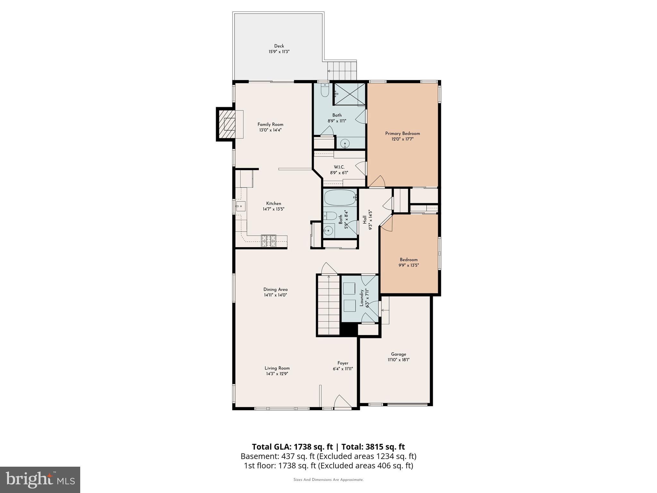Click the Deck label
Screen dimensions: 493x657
(279, 46)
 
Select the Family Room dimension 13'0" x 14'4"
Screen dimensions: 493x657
(270, 130)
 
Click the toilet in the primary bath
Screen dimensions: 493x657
(324, 91)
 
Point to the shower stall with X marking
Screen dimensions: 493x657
(350, 94)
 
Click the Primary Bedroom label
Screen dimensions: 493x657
(402, 134)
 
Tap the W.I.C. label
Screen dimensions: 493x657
(339, 167)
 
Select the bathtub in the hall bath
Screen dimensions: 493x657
(340, 197)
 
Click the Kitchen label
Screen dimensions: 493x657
(273, 203)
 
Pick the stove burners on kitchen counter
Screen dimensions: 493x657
(269, 241)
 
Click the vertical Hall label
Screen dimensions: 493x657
(365, 220)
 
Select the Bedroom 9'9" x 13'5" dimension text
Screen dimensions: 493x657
(409, 265)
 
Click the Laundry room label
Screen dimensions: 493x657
(362, 298)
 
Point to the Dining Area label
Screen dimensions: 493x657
(275, 290)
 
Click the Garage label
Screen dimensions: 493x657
(398, 354)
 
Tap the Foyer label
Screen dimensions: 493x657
(343, 363)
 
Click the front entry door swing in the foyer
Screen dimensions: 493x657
(342, 402)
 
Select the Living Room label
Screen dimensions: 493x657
(277, 368)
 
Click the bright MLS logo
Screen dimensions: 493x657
(40, 480)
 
